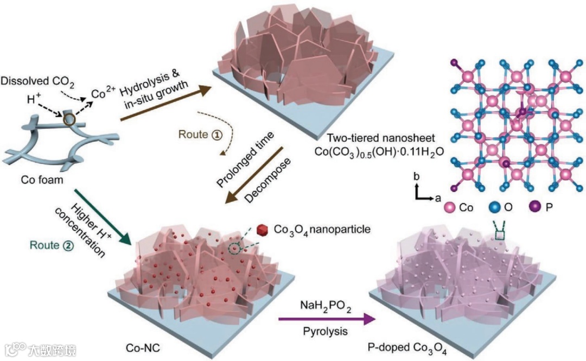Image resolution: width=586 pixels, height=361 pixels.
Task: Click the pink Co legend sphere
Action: (449, 207)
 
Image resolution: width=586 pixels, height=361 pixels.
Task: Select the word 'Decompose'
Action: (265, 181)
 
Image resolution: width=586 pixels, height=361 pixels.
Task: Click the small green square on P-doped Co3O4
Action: (501, 235)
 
